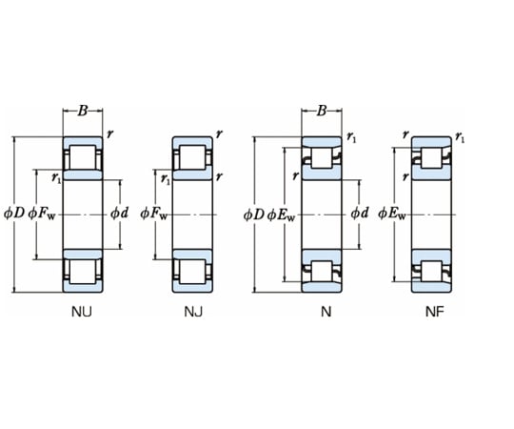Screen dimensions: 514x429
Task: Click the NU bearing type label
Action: (82, 312)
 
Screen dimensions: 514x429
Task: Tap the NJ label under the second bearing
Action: (193, 312)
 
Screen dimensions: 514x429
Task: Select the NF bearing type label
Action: (435, 312)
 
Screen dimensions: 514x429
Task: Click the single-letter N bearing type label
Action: (326, 312)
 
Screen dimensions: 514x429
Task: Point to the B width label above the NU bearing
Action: (83, 111)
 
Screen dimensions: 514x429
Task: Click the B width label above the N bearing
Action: (322, 111)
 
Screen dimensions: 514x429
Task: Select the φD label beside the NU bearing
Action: (14, 214)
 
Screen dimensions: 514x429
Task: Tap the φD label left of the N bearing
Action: (253, 214)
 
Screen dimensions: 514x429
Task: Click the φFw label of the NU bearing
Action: (42, 214)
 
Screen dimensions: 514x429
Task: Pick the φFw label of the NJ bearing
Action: (154, 214)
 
